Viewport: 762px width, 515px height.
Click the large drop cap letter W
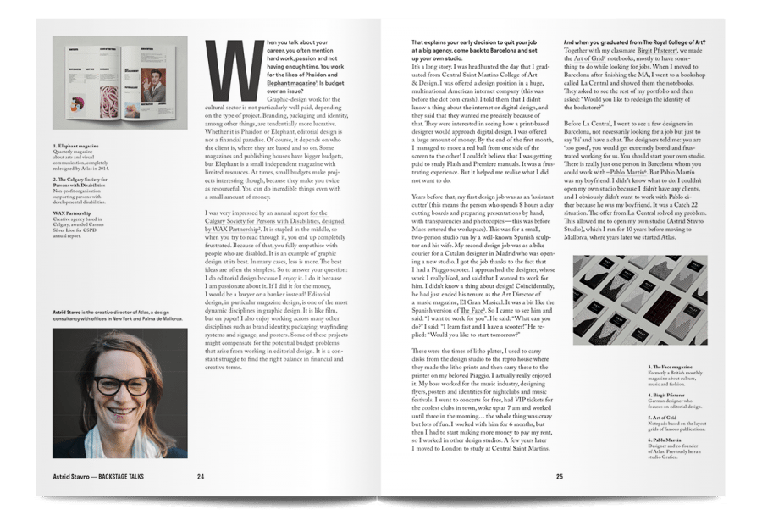click(x=224, y=66)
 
